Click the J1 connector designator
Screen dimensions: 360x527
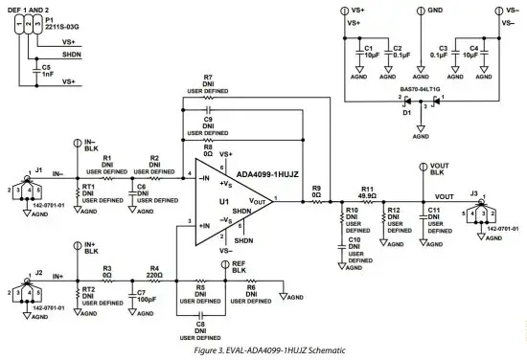click(x=39, y=170)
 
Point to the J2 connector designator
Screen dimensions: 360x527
click(x=39, y=272)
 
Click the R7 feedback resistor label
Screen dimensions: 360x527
click(x=207, y=79)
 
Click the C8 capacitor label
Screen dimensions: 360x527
click(x=201, y=329)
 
